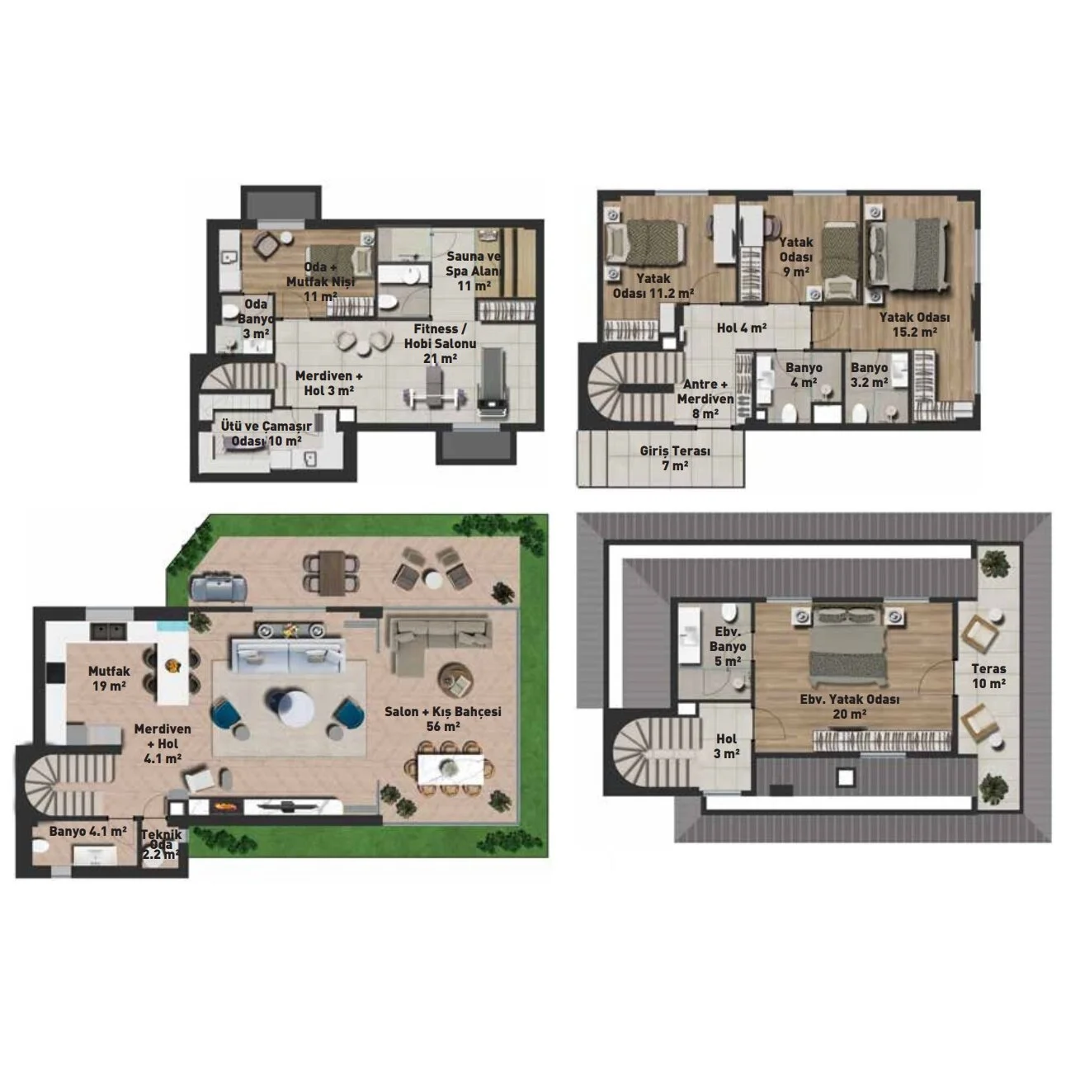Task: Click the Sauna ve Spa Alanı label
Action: click(474, 271)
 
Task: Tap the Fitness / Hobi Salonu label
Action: click(440, 343)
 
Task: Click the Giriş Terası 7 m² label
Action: click(675, 458)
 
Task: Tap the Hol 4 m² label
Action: click(741, 328)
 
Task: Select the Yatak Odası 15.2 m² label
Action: click(914, 325)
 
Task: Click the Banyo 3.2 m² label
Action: click(869, 375)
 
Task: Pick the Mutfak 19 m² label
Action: click(109, 678)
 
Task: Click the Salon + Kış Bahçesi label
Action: click(442, 719)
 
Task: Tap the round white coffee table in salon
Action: click(295, 706)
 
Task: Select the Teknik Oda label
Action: click(161, 844)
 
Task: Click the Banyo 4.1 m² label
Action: click(88, 832)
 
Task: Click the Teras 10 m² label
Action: click(988, 676)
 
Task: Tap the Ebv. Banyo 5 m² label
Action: click(728, 646)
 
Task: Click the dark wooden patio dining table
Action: click(332, 573)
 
